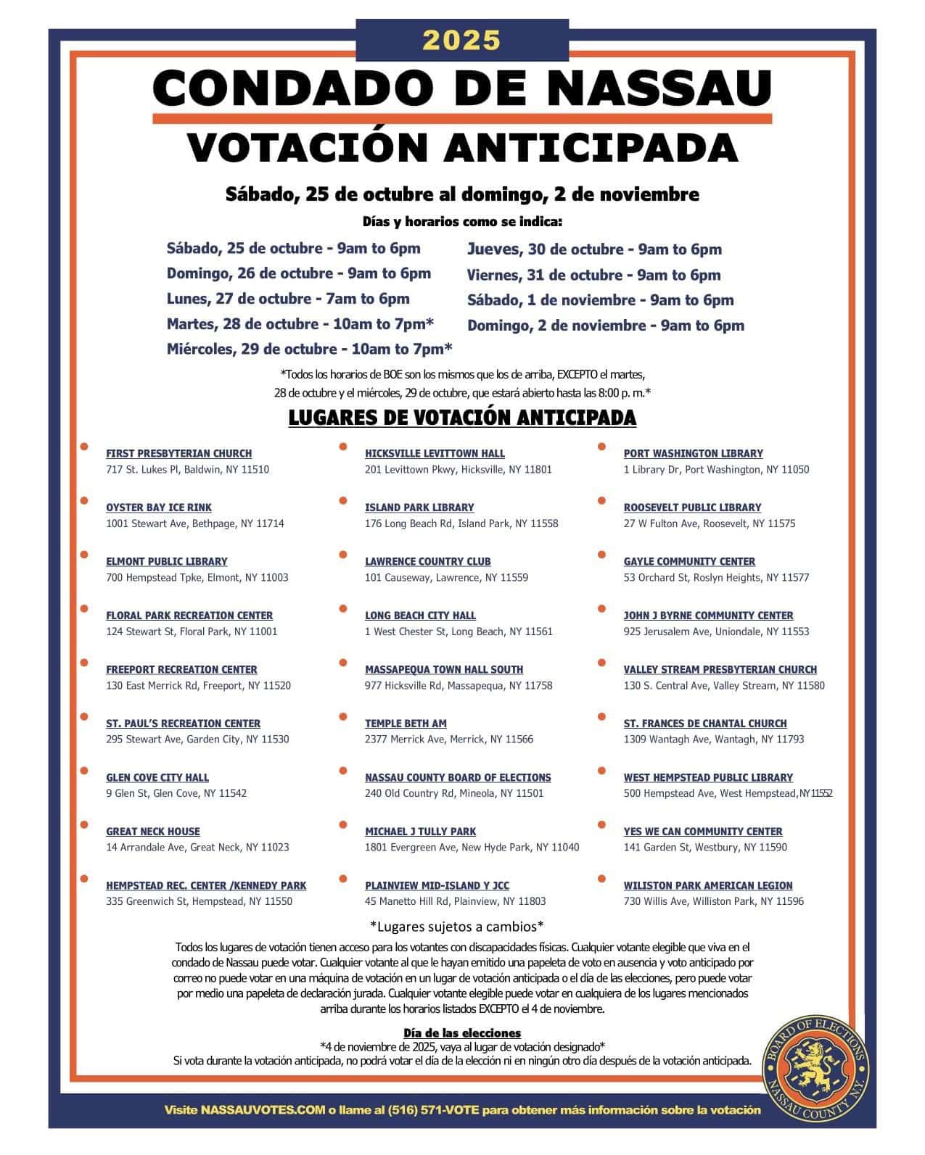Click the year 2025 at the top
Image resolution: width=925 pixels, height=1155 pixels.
point(461,41)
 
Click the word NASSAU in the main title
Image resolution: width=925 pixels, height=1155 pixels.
point(659,88)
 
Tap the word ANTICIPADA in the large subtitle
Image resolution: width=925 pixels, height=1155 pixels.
point(591,147)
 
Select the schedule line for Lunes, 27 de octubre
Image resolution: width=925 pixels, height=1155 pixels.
point(288,299)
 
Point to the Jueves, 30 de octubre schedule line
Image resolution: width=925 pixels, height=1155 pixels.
point(594,249)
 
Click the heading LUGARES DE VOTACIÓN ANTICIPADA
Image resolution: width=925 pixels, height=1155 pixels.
point(462,418)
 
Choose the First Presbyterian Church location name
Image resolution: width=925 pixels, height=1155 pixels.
point(178,453)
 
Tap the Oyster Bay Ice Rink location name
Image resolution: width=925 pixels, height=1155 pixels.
point(159,508)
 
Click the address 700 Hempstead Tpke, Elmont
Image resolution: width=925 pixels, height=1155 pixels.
point(197,578)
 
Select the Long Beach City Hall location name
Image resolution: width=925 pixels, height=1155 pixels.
point(420,616)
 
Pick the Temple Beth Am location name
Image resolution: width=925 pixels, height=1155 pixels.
point(406,724)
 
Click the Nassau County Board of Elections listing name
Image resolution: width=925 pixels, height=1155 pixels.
point(458,777)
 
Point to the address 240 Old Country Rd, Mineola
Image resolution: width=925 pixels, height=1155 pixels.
point(453,793)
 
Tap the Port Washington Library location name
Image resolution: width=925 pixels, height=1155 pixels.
point(693,453)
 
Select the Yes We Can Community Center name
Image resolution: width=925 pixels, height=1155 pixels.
point(703,832)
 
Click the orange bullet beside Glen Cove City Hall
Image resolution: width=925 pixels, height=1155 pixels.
point(85,770)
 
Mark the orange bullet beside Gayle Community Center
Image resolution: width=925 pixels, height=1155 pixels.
point(601,555)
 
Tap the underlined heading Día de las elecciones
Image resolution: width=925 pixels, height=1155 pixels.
point(462,1032)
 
